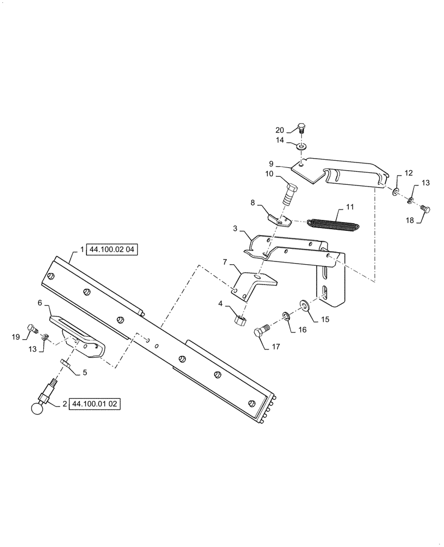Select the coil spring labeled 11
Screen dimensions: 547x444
333,225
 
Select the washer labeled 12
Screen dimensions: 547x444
395,192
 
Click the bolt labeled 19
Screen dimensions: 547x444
33,329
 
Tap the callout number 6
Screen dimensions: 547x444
40,302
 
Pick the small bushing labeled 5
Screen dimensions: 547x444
63,362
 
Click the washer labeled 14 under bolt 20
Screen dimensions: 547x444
301,147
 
